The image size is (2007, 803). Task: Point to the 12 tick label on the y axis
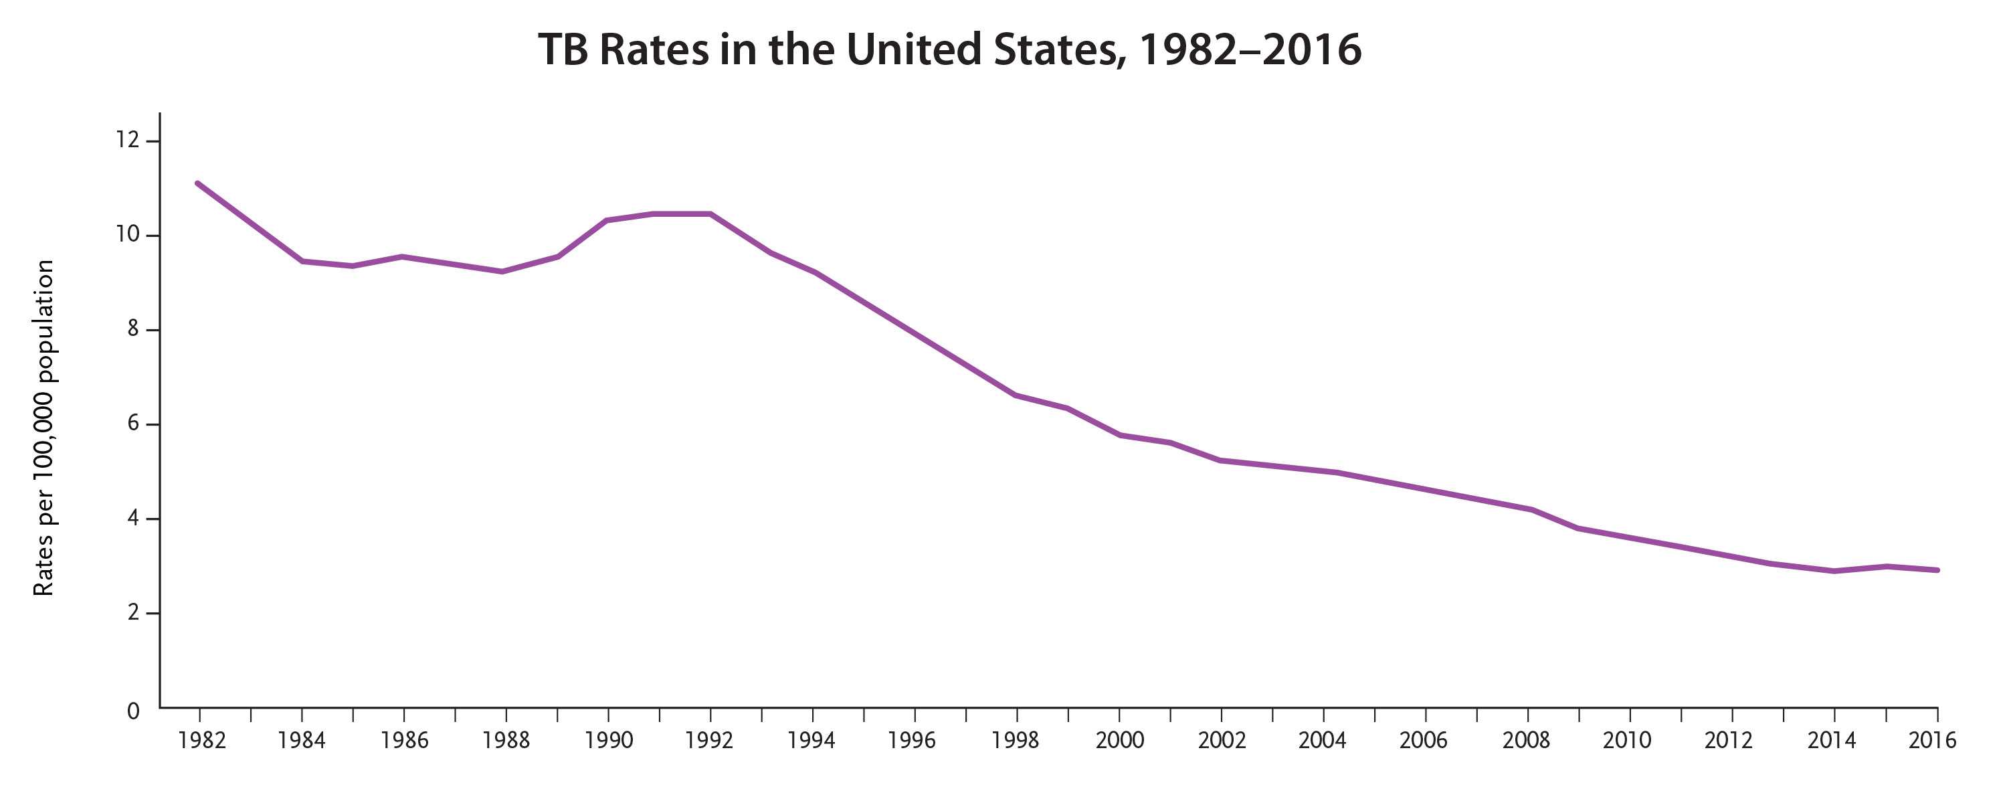(x=127, y=141)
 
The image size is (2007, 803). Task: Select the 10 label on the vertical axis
(x=127, y=235)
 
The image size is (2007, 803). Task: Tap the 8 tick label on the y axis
(x=132, y=329)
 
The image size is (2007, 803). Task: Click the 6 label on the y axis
(x=132, y=424)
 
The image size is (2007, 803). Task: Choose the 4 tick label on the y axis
(x=132, y=518)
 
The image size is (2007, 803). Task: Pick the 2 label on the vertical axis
(x=132, y=612)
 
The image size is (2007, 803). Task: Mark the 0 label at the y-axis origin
(x=133, y=710)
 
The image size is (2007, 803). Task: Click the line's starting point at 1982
(x=198, y=183)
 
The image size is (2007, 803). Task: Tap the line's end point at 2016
(x=1937, y=570)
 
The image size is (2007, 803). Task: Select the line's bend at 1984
(x=302, y=261)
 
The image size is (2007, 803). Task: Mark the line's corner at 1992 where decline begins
(x=710, y=213)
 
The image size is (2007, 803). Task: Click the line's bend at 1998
(x=1016, y=395)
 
